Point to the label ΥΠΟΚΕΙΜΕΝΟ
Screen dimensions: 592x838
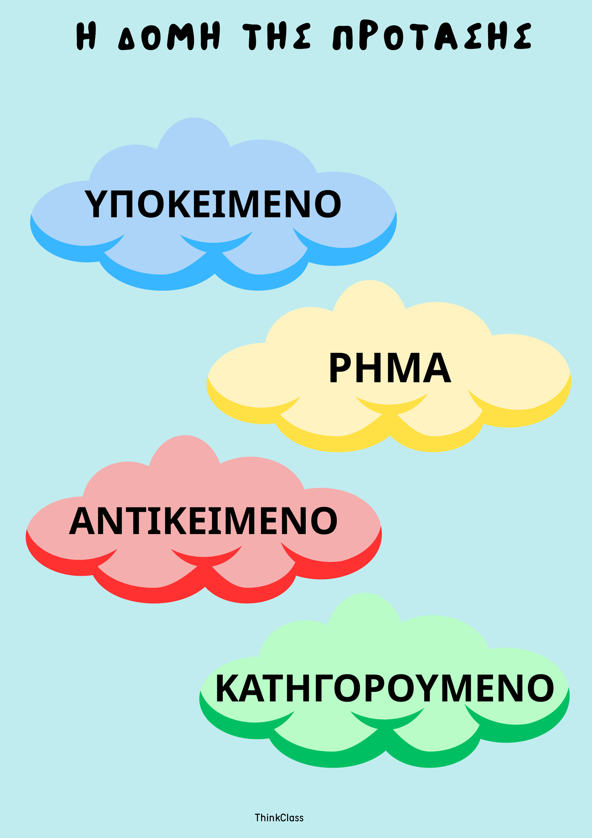point(213,204)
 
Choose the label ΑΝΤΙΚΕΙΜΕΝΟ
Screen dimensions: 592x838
point(203,521)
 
